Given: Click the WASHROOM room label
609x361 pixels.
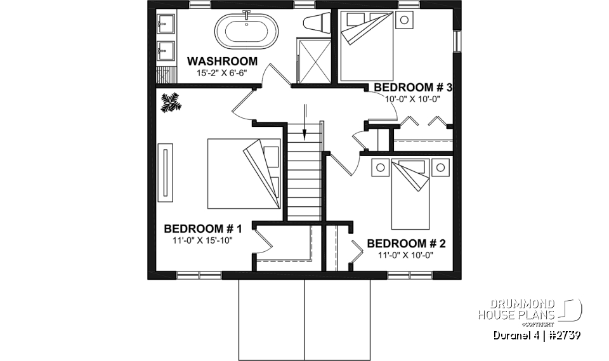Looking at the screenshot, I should point(221,62).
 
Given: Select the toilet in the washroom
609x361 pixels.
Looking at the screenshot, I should point(315,23).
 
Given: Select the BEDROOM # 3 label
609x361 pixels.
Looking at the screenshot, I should point(412,87).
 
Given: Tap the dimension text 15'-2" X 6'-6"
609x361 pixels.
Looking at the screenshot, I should point(221,73).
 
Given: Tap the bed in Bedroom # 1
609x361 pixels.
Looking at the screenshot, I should point(244,173).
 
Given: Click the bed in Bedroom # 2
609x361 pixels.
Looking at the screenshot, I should point(411,194).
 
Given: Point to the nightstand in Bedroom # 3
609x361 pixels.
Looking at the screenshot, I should point(404,20).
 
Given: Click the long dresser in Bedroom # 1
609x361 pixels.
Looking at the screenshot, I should point(166,173).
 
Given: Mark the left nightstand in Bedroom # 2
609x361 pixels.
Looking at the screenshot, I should point(380,167).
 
